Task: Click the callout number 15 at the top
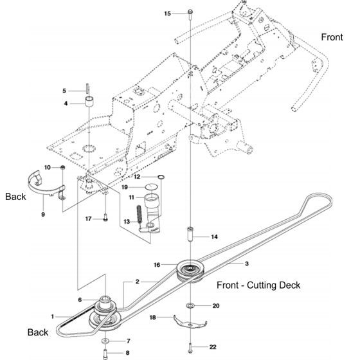[168, 14]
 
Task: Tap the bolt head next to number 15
[190, 12]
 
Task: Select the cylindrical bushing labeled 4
[90, 102]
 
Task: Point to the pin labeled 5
[87, 89]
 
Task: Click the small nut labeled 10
[62, 168]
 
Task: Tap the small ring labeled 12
[161, 177]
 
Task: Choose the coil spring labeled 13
[139, 214]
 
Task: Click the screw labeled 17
[105, 217]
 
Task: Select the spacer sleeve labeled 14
[190, 234]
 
